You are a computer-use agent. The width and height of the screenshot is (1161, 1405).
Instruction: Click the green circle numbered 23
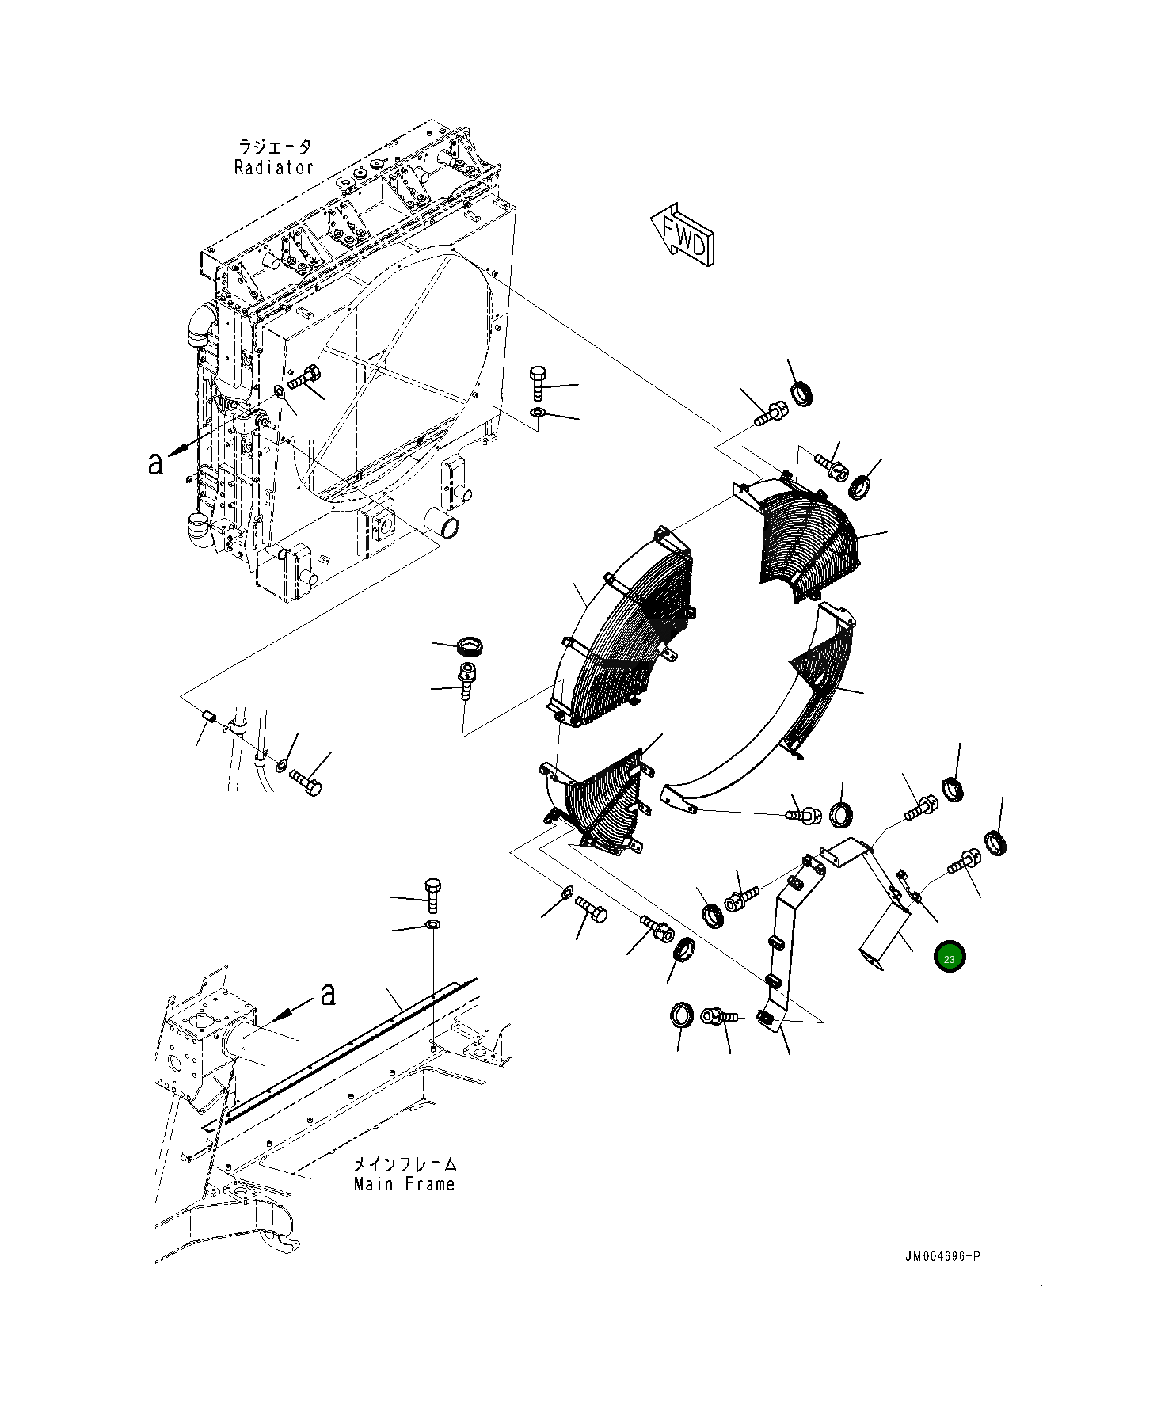949,958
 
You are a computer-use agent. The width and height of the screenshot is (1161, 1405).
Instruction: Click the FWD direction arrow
683,235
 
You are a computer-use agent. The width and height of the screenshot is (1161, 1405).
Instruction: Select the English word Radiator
274,167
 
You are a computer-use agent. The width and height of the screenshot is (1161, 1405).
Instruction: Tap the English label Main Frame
405,1184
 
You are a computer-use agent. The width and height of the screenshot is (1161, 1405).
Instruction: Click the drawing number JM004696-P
942,1256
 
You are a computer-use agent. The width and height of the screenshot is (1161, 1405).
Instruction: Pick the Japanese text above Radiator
274,147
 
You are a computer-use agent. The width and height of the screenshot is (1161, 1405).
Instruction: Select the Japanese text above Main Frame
405,1163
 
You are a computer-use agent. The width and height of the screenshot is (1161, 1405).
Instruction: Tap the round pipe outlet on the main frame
242,1040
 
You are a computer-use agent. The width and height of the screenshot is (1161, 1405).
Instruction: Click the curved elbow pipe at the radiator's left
200,325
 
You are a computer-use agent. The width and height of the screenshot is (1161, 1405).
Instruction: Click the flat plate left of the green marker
883,939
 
